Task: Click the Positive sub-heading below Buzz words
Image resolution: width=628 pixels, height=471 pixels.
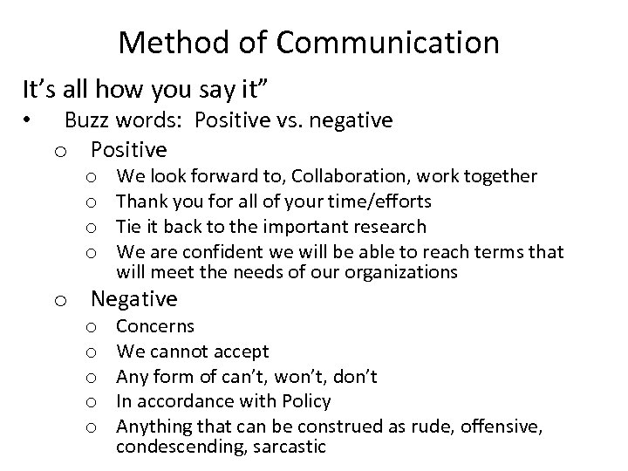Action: pos(128,147)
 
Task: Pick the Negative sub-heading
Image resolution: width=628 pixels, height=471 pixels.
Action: pos(133,299)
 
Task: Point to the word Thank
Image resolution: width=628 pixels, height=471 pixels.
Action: pos(140,201)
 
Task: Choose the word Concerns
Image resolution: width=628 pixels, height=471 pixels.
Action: pos(155,326)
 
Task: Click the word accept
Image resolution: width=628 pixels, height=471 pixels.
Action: pos(239,352)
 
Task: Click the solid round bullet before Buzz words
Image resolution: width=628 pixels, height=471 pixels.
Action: pos(28,119)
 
